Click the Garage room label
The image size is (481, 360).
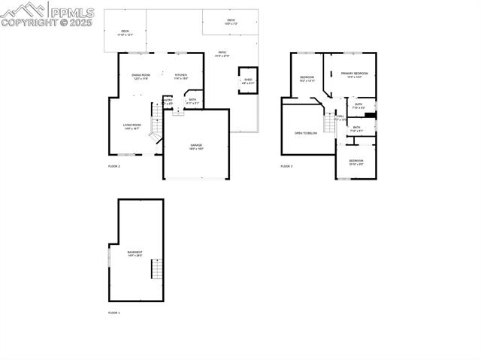[196, 146]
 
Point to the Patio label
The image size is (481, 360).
[222, 53]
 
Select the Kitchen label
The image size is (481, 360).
[181, 76]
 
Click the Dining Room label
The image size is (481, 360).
[141, 76]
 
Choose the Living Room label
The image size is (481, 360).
[132, 126]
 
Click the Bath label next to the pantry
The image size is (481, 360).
[192, 101]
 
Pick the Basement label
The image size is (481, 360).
[135, 253]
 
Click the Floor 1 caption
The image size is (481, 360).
[114, 312]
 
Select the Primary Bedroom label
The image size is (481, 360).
[354, 74]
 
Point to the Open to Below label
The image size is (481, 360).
[306, 133]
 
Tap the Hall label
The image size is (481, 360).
[340, 116]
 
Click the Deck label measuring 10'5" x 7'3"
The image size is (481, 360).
[231, 22]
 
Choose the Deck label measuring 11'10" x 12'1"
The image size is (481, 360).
[125, 32]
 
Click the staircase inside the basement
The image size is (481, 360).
[156, 268]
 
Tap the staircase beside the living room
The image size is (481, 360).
[156, 125]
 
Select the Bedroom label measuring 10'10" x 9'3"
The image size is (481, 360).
[355, 162]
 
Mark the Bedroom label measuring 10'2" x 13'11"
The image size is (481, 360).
[307, 79]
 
